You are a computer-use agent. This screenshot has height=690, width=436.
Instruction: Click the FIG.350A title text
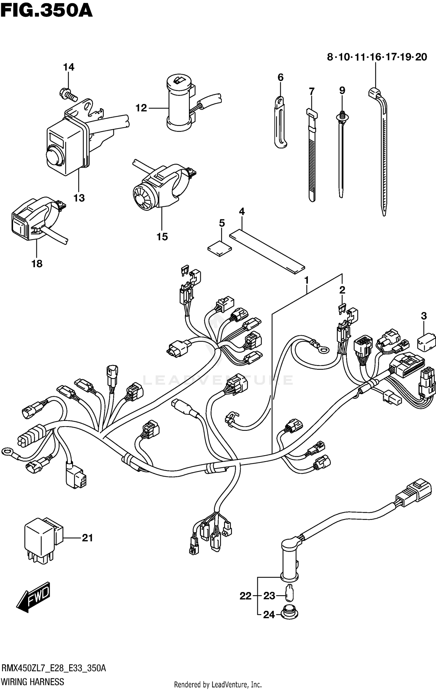point(47,12)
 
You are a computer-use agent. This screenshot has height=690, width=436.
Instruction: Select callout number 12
point(141,108)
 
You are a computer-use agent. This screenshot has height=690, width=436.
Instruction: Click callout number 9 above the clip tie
point(342,90)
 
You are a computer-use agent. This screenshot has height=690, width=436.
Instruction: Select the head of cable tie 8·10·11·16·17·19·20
point(375,93)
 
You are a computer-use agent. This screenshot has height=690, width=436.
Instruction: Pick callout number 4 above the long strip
point(242,211)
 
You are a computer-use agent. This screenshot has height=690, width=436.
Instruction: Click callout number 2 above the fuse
point(342,290)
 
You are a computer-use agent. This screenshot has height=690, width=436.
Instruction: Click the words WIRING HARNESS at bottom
point(33,681)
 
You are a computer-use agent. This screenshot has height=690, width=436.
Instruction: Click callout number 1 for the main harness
point(306,280)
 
